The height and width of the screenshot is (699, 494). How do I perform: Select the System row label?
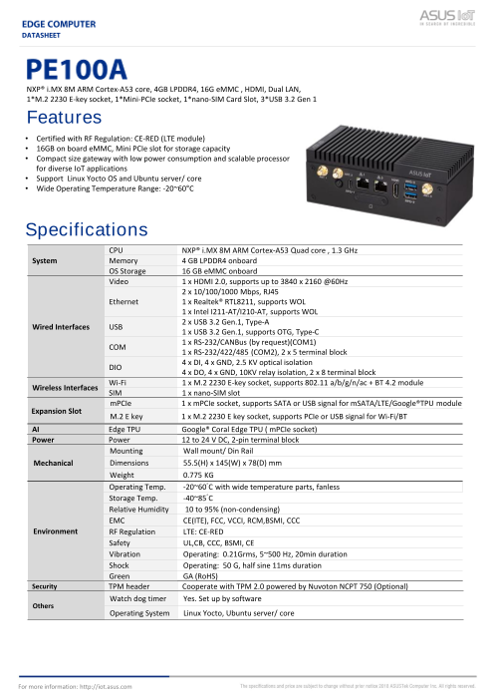pos(45,259)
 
